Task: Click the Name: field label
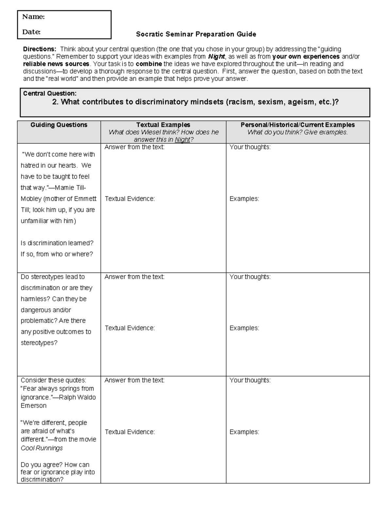click(33, 17)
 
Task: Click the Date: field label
click(31, 32)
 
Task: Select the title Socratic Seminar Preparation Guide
click(196, 34)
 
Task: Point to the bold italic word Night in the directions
click(216, 57)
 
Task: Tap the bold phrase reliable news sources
click(56, 64)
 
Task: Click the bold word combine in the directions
click(149, 64)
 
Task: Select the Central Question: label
click(50, 94)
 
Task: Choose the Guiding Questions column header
click(59, 125)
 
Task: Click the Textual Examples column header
click(163, 125)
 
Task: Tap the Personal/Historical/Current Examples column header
click(298, 125)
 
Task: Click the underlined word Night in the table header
click(182, 140)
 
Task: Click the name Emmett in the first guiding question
click(85, 199)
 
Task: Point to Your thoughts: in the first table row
click(250, 147)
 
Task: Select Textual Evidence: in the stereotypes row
click(130, 328)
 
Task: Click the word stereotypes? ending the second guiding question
click(39, 343)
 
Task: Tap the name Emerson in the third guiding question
click(34, 406)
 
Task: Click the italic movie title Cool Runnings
click(42, 448)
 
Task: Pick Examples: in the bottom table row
click(244, 432)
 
